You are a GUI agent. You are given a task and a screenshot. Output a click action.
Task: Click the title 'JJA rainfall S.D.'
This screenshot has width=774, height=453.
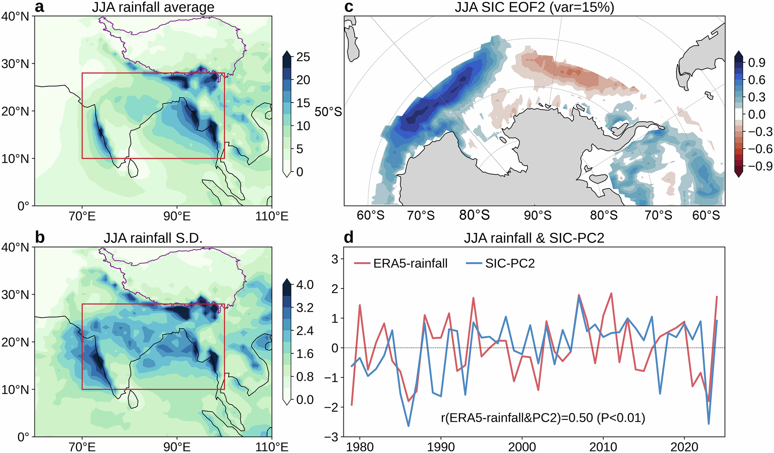(x=153, y=238)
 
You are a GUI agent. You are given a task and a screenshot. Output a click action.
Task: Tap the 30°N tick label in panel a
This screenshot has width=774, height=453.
(x=15, y=63)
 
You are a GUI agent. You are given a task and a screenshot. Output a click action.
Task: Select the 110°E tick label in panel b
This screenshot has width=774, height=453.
(x=272, y=447)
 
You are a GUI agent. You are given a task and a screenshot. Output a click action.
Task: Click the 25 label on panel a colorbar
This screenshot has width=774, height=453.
(x=303, y=57)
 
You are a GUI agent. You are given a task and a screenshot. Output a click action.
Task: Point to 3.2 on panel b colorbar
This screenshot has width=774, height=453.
(x=305, y=308)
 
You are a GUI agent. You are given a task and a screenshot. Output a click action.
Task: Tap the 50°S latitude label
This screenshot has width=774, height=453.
(x=328, y=112)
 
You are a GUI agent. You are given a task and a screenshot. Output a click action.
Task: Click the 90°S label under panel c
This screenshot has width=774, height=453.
(x=537, y=215)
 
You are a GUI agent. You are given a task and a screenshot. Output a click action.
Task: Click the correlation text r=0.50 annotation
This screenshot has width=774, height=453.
(x=543, y=418)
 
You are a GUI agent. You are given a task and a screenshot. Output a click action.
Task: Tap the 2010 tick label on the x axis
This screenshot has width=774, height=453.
(x=603, y=447)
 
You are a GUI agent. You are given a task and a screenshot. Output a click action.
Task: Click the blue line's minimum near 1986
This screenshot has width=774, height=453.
(x=408, y=426)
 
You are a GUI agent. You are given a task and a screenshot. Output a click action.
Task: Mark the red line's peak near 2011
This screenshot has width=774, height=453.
(x=611, y=293)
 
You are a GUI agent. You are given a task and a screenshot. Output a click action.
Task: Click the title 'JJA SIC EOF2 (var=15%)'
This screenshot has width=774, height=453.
(x=534, y=7)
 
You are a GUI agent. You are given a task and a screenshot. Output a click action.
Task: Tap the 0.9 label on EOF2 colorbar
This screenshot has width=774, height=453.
(x=757, y=62)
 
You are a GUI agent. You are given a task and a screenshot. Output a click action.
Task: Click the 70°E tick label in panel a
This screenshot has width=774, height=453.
(x=82, y=216)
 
